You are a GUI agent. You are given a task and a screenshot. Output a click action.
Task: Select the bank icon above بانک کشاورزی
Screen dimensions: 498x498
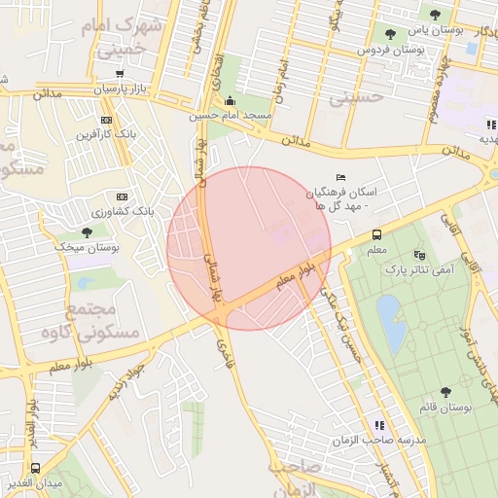[121, 196]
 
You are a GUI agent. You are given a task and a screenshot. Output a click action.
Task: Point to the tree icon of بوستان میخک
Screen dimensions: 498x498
[87, 232]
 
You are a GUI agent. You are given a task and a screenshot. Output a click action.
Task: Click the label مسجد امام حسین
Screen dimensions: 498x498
[231, 116]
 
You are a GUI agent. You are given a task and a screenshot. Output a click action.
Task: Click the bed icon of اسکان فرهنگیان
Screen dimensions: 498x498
[339, 177]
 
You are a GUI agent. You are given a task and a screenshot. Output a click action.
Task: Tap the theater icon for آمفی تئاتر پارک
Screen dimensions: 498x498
[419, 254]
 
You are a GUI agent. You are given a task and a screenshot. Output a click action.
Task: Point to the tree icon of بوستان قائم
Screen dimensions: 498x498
[445, 392]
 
